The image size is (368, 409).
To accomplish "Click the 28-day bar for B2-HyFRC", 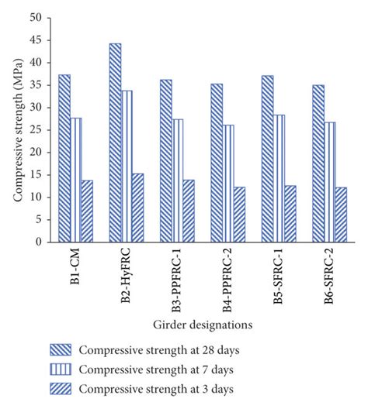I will click(x=115, y=143).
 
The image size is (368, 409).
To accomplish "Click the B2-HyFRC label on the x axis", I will click(x=126, y=271).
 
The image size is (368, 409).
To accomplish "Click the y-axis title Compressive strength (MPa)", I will click(x=17, y=129).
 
